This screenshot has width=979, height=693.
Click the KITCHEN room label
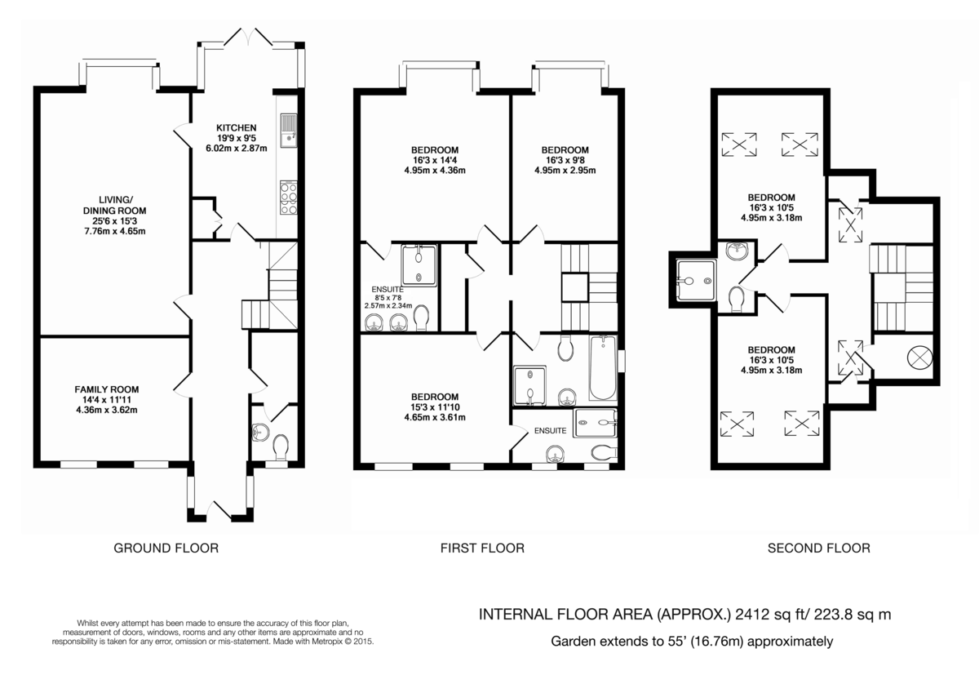click(x=237, y=138)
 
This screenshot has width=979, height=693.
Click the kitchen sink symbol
click(x=288, y=132)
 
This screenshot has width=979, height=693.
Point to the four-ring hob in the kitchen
click(x=289, y=197)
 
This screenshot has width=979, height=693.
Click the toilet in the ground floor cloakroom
click(x=281, y=446)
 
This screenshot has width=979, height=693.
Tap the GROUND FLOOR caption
click(x=166, y=548)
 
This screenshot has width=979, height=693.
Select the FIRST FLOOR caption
click(x=482, y=548)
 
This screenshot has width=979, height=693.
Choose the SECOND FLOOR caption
click(x=818, y=548)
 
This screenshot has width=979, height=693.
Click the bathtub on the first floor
click(x=602, y=367)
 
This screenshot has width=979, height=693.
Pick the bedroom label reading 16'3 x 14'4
click(x=434, y=160)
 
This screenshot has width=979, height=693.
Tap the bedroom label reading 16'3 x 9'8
click(x=565, y=160)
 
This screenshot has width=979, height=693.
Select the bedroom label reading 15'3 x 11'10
click(x=434, y=407)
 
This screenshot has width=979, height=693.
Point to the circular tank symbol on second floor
click(x=918, y=356)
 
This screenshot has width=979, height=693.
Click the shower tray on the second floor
click(x=695, y=281)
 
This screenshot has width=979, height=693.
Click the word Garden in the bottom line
click(x=572, y=642)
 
